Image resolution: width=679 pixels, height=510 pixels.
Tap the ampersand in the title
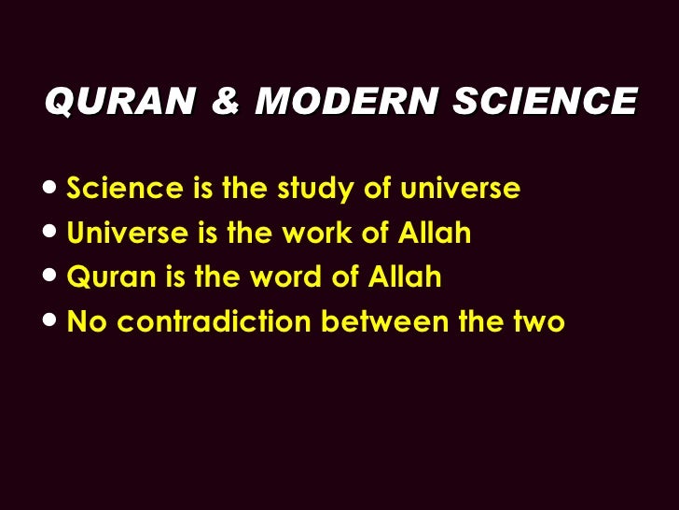[x=223, y=101]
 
